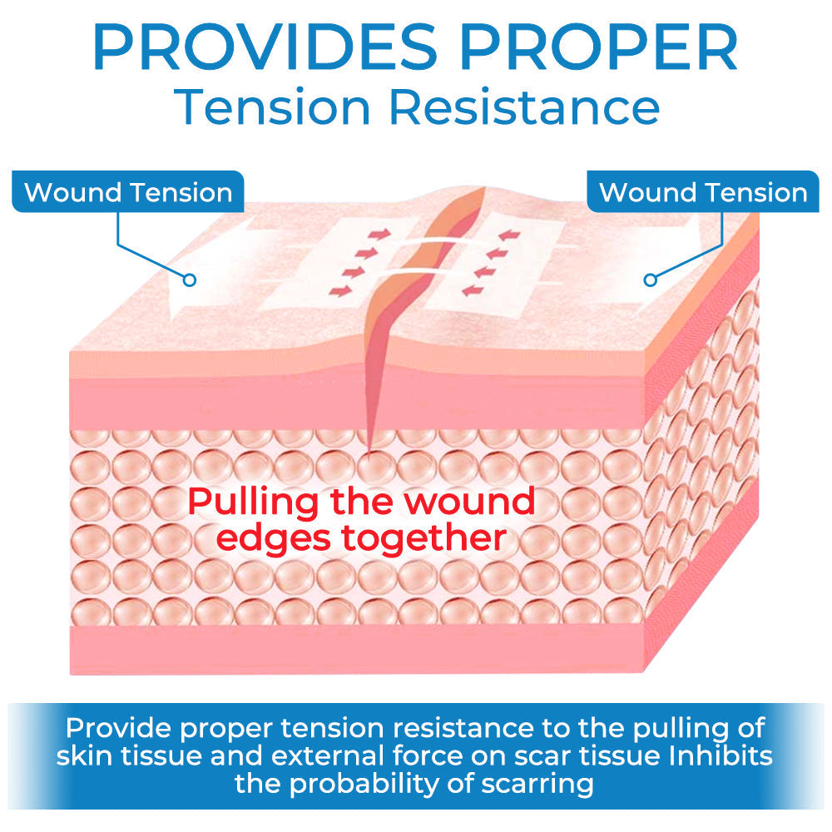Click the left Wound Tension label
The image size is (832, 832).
click(x=128, y=193)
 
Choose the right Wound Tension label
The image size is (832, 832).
click(x=703, y=193)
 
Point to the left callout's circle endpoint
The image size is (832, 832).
click(x=189, y=280)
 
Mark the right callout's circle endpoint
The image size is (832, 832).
click(x=651, y=280)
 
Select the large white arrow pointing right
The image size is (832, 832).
click(x=666, y=266)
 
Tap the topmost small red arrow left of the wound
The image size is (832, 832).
click(x=379, y=235)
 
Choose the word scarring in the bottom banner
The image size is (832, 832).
click(x=542, y=783)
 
